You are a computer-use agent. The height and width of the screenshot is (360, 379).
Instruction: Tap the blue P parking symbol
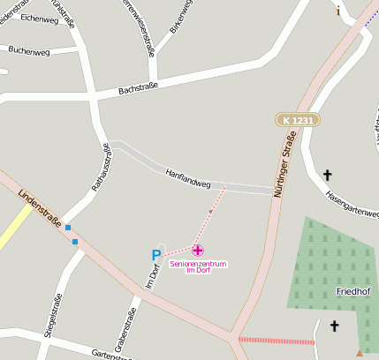(x=156, y=256)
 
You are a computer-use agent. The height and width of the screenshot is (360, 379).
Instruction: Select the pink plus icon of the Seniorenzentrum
(x=198, y=251)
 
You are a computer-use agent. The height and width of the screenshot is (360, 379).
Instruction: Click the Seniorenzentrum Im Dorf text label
(x=199, y=266)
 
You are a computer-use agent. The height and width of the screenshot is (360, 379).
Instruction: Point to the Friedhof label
(x=353, y=290)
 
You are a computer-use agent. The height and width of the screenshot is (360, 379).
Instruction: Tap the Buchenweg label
(x=28, y=50)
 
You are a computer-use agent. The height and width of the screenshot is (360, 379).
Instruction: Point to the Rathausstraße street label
(x=99, y=168)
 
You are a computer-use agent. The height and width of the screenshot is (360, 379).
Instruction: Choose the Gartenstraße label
(x=110, y=354)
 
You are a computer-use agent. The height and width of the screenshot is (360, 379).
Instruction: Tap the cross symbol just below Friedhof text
(x=334, y=326)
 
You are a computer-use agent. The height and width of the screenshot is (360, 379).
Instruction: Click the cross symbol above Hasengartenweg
(x=328, y=175)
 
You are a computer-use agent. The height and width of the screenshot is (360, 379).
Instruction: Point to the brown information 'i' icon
(x=337, y=11)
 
